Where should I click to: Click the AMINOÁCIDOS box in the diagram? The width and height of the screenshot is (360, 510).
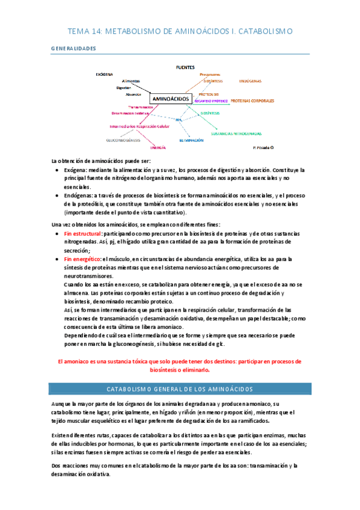[x=171, y=98]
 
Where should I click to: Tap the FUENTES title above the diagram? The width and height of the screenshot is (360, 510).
[x=185, y=67]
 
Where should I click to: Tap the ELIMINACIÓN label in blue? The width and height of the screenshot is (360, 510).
[x=195, y=140]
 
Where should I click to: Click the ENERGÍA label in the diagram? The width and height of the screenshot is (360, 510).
[x=159, y=147]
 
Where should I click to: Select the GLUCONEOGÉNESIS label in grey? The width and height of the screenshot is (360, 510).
[x=123, y=140]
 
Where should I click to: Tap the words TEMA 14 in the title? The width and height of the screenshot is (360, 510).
[x=82, y=30]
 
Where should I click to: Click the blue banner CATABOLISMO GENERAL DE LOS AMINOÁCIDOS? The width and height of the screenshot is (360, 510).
[x=180, y=389]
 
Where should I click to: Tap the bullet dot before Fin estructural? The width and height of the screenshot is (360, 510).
[x=56, y=233]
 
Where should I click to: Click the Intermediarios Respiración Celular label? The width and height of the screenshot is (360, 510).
[x=130, y=127]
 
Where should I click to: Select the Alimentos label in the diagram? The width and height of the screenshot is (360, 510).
[x=130, y=81]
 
